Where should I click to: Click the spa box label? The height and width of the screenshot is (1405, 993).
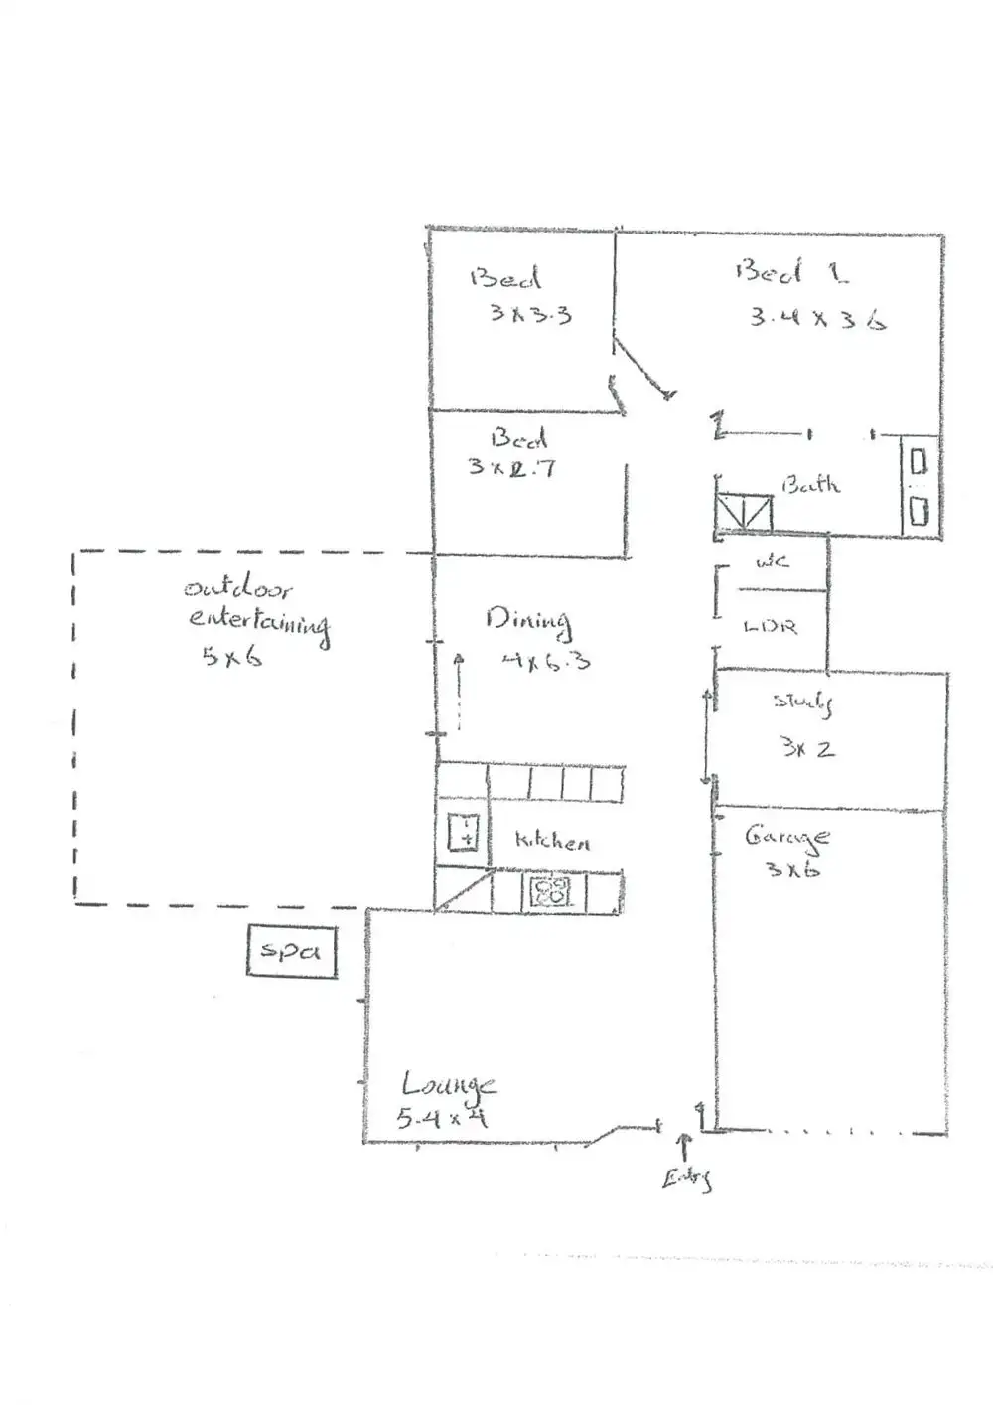[x=290, y=951]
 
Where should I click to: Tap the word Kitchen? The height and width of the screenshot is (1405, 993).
[x=552, y=841]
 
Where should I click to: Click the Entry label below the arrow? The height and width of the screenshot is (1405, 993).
[x=687, y=1178]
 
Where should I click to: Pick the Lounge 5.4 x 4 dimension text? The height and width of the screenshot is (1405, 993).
[x=441, y=1118]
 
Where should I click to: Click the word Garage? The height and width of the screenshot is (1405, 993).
[x=786, y=838]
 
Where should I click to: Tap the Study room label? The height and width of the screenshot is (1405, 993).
[x=802, y=702]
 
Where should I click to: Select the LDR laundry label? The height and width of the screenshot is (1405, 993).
[x=771, y=627]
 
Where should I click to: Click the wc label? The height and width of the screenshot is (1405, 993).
[x=772, y=562]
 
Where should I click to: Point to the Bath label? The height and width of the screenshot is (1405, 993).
[x=810, y=485]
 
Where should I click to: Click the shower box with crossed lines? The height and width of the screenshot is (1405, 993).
[x=744, y=514]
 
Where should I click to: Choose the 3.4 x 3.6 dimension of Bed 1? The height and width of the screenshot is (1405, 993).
[x=816, y=318]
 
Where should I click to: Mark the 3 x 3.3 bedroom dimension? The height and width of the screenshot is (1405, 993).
[x=530, y=314]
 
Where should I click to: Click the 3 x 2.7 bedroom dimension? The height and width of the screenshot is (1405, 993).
[x=511, y=466]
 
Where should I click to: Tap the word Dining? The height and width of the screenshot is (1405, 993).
[x=528, y=621]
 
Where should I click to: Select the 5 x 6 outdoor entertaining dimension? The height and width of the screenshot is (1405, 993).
[x=232, y=656]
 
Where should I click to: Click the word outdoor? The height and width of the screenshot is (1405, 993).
[x=237, y=588]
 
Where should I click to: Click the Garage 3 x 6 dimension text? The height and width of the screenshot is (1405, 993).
[x=792, y=870]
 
